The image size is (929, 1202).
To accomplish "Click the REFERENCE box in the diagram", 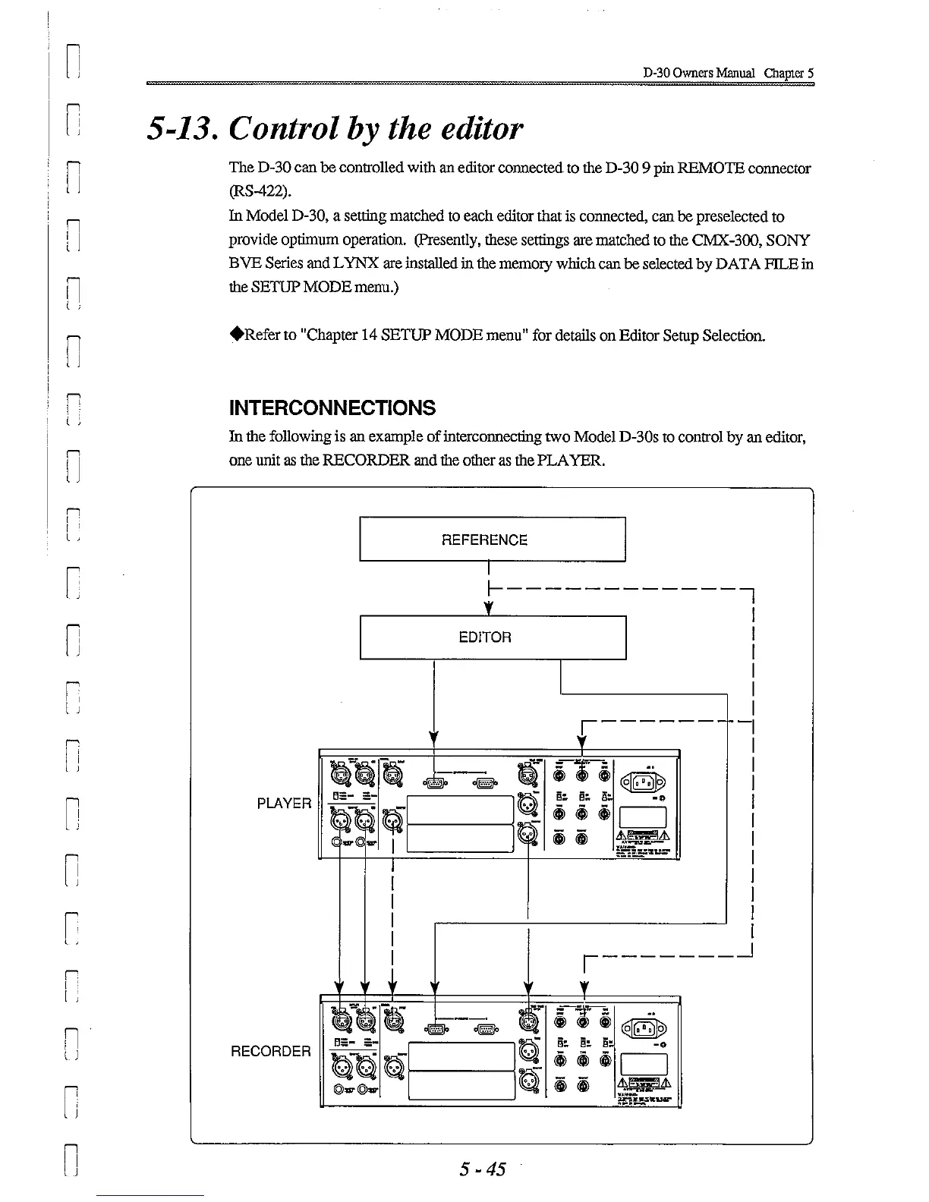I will pos(492,540).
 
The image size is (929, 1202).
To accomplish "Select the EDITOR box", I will pos(492,637).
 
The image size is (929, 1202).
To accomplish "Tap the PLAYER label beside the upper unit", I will pos(284,804).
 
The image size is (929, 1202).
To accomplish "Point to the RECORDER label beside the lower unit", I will pos(271,1052).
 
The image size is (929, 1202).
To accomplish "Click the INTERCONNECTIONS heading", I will pos(332,408).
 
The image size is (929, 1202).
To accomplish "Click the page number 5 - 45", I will pos(482,1169).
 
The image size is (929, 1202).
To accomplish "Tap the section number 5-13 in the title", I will pos(181,129).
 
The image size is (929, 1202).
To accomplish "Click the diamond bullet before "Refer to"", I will pos(236,334).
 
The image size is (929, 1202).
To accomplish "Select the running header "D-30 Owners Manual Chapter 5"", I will pos(728,74).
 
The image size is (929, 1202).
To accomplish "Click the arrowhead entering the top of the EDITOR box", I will pos(490,610).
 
